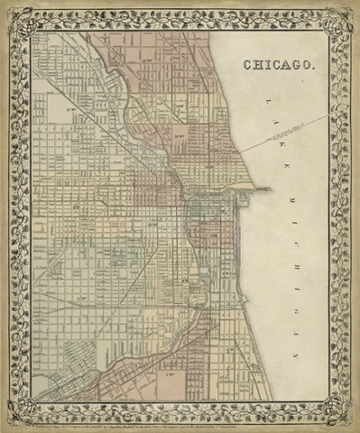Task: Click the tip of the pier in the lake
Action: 268,189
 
